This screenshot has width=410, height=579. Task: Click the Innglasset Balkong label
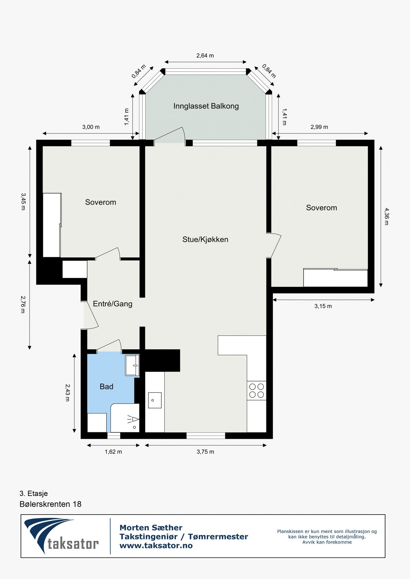click(x=206, y=106)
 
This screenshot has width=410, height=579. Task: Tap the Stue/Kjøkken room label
click(x=205, y=239)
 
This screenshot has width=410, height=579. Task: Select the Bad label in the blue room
click(x=106, y=387)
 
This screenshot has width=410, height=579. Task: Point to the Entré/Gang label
click(x=112, y=304)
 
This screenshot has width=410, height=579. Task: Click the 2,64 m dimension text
click(x=205, y=56)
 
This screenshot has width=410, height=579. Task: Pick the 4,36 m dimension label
click(x=386, y=216)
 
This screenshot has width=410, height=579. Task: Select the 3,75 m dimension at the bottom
click(x=205, y=452)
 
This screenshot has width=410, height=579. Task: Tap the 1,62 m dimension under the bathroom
click(x=113, y=452)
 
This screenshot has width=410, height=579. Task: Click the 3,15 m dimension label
click(x=323, y=306)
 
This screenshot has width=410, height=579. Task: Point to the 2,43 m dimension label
click(x=67, y=392)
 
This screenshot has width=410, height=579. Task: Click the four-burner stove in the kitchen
click(x=257, y=391)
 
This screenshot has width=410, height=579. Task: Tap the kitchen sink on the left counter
click(x=155, y=400)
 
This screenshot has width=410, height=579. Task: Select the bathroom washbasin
click(x=132, y=365)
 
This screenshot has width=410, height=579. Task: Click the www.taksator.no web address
click(x=156, y=546)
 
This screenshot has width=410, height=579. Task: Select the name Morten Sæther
click(x=151, y=528)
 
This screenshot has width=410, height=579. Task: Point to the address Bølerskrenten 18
click(x=51, y=504)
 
